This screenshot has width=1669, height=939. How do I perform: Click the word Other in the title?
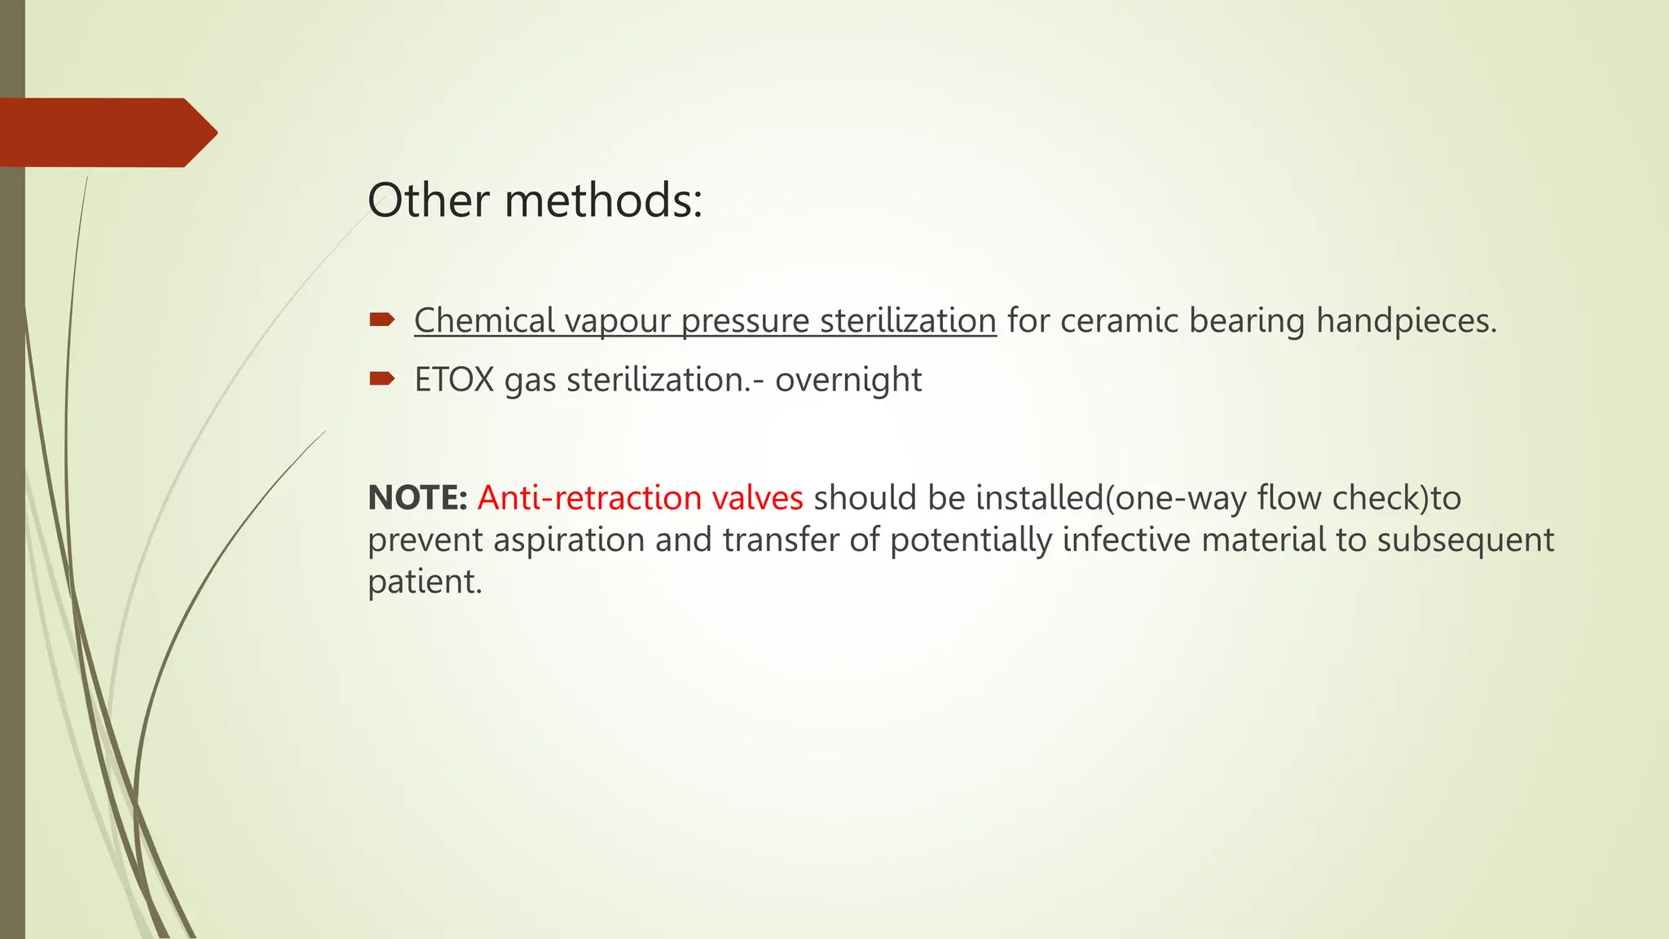(427, 201)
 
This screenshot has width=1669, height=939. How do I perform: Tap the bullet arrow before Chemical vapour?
(381, 320)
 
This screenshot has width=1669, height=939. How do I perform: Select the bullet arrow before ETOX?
(381, 378)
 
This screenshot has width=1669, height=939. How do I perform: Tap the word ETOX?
(454, 380)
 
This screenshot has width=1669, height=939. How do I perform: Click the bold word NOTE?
(417, 498)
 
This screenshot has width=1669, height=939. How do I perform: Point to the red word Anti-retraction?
(589, 498)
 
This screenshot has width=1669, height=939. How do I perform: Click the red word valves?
(757, 498)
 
